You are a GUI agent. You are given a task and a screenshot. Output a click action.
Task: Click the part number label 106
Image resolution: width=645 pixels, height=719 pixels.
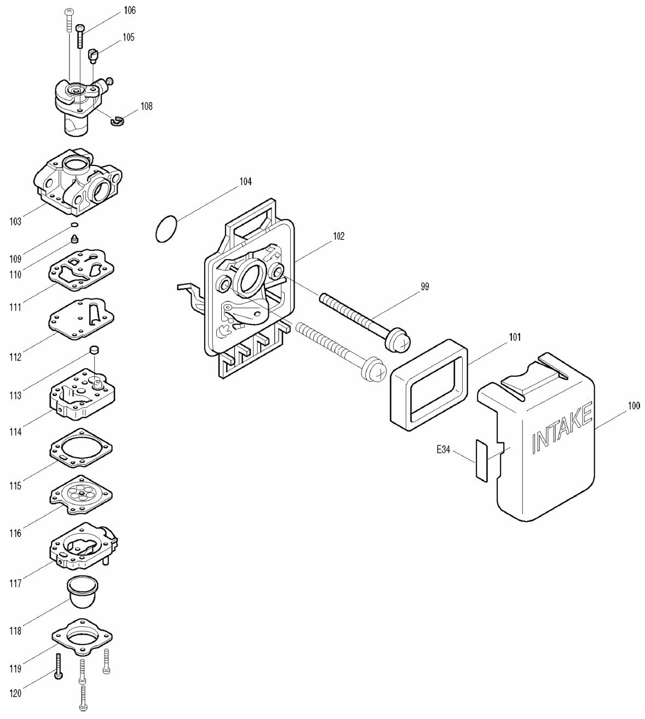click(x=130, y=10)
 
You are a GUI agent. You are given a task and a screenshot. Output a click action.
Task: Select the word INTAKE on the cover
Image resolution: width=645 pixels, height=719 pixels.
click(x=562, y=427)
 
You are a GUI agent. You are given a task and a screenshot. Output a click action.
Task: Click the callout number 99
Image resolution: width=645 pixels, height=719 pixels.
click(x=425, y=286)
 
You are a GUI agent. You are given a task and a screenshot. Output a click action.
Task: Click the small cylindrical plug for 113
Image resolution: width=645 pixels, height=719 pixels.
click(x=94, y=349)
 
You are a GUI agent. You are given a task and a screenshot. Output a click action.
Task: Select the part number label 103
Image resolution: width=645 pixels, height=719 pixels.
click(x=15, y=222)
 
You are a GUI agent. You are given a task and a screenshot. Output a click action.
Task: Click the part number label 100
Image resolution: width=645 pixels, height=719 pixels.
click(x=633, y=406)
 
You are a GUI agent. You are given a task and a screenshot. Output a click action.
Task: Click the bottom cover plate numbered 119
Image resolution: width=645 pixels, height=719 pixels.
click(x=83, y=638)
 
